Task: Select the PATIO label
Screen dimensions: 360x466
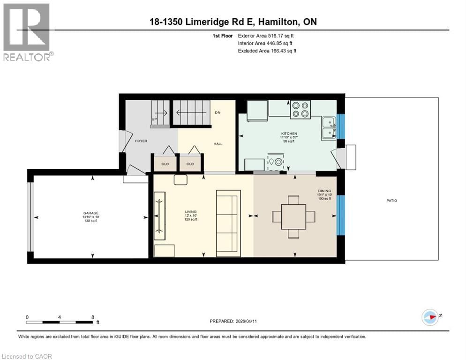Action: coord(391,201)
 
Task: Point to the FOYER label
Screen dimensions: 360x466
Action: coord(141,141)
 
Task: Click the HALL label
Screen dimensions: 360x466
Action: coord(218,144)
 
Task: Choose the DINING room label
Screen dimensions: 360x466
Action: coord(324,191)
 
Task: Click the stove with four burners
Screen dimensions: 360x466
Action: coord(300,109)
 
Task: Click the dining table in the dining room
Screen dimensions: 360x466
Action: coord(293,217)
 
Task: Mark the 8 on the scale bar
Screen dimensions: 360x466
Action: coord(93,317)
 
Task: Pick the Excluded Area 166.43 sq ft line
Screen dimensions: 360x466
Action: coord(267,51)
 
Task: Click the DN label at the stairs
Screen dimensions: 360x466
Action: coord(217,113)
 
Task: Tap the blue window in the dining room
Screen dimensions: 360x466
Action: coord(341,215)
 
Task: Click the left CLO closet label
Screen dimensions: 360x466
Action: coord(165,164)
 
